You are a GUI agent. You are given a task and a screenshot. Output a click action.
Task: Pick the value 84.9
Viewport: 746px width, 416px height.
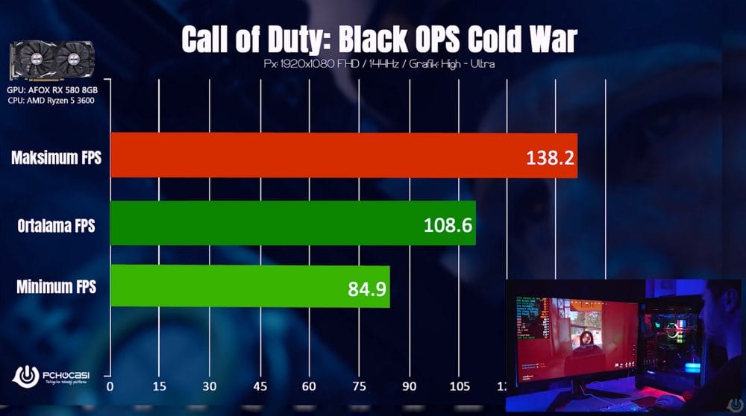point(367,288)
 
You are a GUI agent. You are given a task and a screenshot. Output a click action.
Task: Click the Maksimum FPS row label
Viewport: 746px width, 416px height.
point(56,158)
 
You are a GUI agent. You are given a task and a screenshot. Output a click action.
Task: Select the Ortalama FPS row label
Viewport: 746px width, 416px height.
point(56,224)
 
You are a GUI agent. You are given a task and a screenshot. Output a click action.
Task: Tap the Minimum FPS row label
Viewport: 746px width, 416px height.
point(56,286)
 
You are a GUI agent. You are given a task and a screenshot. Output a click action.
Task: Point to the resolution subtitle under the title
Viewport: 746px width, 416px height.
point(379,64)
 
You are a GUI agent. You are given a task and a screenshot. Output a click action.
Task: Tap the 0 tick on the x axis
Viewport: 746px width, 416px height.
point(110,386)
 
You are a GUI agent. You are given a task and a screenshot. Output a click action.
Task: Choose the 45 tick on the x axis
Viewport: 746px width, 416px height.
point(259,386)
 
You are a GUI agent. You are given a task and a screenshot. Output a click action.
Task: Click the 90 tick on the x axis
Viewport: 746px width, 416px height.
point(408,386)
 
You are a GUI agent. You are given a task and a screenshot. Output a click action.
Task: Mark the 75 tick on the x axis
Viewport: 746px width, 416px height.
point(358,386)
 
